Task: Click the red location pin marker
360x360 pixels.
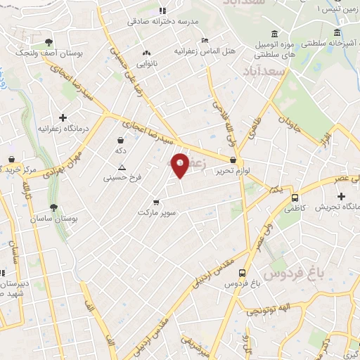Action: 180,165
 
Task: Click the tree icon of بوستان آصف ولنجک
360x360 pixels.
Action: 48,42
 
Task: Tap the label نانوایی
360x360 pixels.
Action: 146,64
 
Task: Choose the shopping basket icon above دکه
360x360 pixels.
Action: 122,141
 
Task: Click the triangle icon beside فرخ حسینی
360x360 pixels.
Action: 122,167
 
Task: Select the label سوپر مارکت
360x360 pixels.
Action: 155,212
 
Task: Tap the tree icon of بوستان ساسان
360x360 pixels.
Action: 53,207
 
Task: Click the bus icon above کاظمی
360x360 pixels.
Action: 294,198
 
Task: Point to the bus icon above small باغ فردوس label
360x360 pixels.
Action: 243,272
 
